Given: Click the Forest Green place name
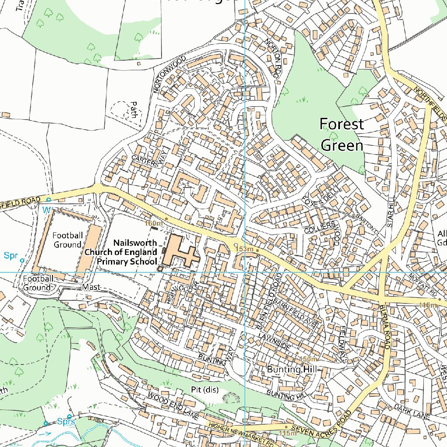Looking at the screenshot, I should click(x=342, y=134).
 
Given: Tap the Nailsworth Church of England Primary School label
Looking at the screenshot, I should click(x=121, y=252).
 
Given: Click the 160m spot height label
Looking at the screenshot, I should click(x=154, y=223).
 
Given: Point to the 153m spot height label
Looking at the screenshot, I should click(x=244, y=249).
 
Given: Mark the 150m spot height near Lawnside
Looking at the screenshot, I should click(x=309, y=359).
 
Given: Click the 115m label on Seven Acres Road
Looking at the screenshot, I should click(x=287, y=433).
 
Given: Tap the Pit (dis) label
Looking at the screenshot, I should click(x=205, y=389).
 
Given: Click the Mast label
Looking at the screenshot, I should click(x=91, y=287).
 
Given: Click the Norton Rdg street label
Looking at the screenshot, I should click(x=272, y=57).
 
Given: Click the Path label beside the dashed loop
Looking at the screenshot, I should click(x=134, y=110).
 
